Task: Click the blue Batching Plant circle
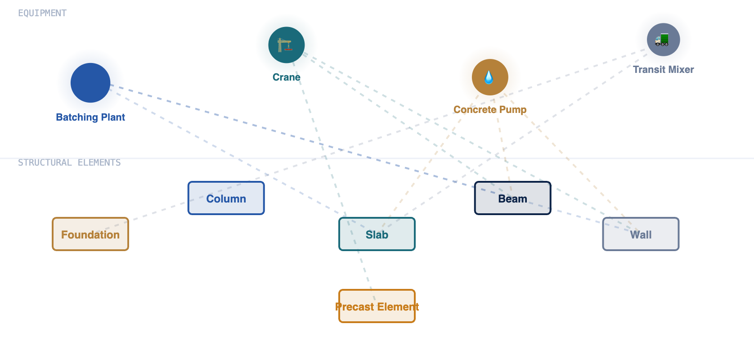coord(90,82)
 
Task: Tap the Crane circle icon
coord(287,45)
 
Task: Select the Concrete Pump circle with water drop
coord(490,77)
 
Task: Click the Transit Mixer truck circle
coord(663,40)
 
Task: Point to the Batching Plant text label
coord(90,117)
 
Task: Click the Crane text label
coord(287,77)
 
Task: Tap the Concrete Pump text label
coord(490,109)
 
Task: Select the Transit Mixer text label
coord(663,69)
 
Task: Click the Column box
coord(226,198)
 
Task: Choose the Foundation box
coord(90,234)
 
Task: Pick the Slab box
coord(377,234)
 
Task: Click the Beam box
coord(513,198)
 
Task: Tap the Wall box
coord(641,234)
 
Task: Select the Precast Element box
coord(377,306)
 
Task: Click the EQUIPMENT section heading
coord(42,13)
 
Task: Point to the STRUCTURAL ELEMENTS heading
coord(69,162)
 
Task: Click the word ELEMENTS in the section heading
coord(99,162)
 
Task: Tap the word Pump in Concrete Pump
coord(513,110)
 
